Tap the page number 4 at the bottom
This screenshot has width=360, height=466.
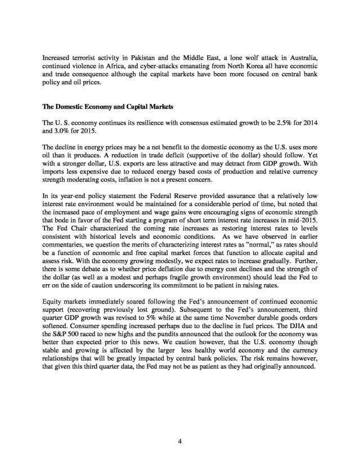179,441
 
